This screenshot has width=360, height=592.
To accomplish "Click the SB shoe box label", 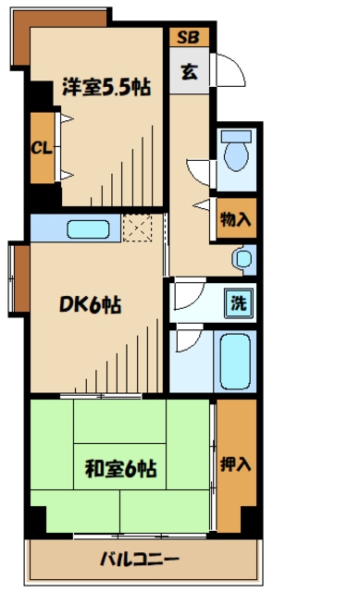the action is coord(188,37).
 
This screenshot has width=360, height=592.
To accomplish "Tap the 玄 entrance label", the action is coord(190,71).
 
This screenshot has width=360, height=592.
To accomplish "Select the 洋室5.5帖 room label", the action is coord(106,87).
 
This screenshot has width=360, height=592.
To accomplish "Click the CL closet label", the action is coord(41,148).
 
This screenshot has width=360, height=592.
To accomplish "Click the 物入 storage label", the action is coord(236,218).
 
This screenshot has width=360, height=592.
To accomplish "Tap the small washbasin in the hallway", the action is coord(242,259).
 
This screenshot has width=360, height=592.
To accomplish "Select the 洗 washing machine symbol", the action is coord(239,302).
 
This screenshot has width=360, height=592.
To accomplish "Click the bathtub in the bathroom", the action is coord(235,362).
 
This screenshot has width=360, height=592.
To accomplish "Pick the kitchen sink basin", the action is coord(89,229).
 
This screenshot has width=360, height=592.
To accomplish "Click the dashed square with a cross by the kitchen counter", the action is coord(138,228).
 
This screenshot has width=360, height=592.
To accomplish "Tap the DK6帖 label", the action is coord(91,304).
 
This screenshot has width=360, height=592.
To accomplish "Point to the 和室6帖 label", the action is coord(120,469).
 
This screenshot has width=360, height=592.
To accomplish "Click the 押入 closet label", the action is coord(236,464).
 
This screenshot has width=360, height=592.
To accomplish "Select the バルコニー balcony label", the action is coord(140,559).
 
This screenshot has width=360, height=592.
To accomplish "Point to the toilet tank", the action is coord(237,136).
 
